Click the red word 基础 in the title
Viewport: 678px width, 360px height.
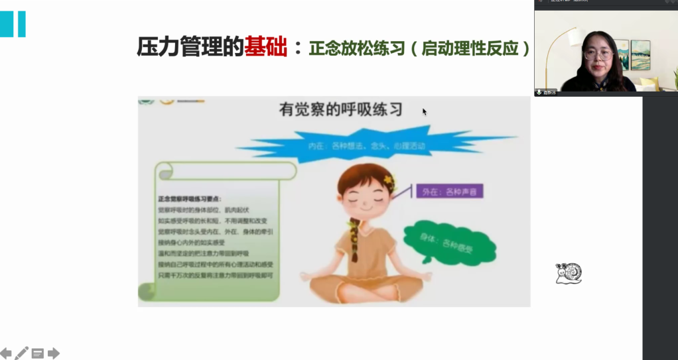point(265,47)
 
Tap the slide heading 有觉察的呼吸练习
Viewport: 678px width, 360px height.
point(340,110)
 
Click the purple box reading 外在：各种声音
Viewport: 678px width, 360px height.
point(449,192)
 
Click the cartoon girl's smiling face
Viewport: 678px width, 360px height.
point(364,199)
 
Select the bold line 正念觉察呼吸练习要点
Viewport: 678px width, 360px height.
point(190,198)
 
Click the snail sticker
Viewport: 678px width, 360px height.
point(569,273)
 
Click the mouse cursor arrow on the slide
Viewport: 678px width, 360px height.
point(425,111)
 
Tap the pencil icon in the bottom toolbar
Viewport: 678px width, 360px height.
point(22,353)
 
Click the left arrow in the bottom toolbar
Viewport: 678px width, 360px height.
point(6,353)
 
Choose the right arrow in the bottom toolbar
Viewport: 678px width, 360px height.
point(54,353)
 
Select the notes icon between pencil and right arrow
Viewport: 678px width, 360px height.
point(38,353)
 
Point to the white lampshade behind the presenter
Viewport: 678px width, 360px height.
point(564,38)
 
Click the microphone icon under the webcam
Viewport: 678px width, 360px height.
point(539,93)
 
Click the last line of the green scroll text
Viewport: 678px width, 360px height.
point(216,275)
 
